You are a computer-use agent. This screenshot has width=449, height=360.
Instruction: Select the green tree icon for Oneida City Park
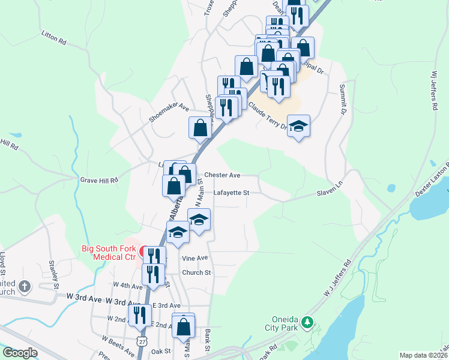click(307, 323)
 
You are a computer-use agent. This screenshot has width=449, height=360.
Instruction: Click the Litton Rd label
click(53, 37)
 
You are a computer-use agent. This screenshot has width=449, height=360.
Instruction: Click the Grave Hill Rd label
click(99, 179)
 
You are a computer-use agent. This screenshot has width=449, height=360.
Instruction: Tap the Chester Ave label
click(222, 175)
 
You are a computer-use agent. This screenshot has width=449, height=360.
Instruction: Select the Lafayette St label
click(231, 193)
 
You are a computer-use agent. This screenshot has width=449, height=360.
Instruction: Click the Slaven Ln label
click(329, 193)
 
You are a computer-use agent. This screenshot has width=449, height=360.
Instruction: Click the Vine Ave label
click(194, 258)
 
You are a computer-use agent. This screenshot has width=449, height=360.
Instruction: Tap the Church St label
click(197, 272)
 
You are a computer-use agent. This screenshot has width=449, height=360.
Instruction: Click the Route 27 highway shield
click(141, 340)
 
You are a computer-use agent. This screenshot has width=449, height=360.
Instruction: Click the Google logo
click(20, 353)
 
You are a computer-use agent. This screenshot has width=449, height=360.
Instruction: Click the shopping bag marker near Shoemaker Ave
click(200, 128)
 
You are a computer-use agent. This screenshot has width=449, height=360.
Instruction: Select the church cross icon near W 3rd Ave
click(24, 286)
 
